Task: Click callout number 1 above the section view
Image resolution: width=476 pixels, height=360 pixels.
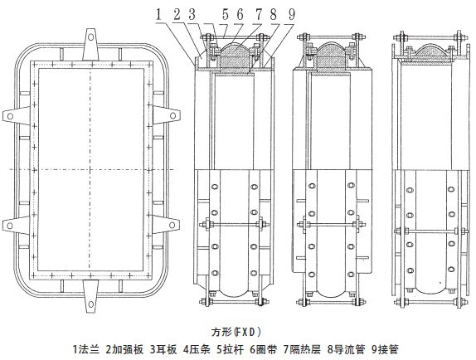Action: click(158, 14)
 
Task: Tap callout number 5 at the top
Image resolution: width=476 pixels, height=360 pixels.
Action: click(226, 14)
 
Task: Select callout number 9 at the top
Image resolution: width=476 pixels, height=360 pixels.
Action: click(291, 14)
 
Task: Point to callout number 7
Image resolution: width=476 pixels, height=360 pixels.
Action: click(259, 14)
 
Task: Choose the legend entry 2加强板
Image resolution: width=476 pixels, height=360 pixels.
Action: click(124, 349)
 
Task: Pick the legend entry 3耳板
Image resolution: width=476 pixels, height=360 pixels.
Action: click(163, 349)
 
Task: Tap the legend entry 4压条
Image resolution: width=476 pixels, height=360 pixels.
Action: click(197, 349)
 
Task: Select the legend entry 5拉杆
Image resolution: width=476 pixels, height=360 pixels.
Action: click(230, 349)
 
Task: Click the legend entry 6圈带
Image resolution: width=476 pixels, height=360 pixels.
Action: click(263, 349)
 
